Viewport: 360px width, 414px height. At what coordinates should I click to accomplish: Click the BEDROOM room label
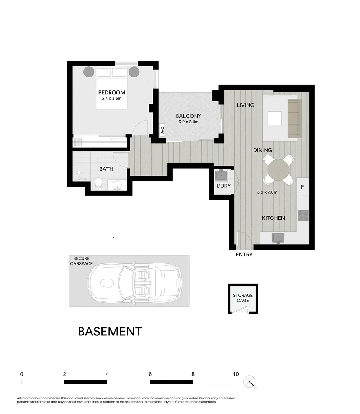pos(111,92)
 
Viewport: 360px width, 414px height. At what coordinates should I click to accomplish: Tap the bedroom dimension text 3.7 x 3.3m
pos(111,99)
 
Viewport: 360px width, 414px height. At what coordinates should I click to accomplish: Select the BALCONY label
pos(188,116)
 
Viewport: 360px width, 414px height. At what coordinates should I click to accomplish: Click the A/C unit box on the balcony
pos(162,130)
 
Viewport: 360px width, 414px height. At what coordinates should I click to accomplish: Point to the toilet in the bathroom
pos(98,184)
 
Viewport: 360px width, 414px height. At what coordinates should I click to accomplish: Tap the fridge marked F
pos(303,187)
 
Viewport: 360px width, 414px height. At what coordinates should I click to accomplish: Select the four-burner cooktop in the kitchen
pos(303,216)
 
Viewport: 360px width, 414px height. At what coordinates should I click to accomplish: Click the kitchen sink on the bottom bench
pos(278,238)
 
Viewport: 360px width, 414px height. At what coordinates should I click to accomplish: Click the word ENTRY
pos(244,255)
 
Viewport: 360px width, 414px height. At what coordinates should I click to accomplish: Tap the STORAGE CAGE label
pos(243,298)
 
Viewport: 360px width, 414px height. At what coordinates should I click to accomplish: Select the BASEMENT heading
pos(110,331)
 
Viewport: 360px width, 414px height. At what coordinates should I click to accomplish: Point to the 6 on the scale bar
pos(150,374)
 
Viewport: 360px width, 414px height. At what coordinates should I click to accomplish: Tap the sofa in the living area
pos(294,118)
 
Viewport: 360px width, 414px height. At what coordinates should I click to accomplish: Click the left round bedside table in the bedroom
pos(89,72)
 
